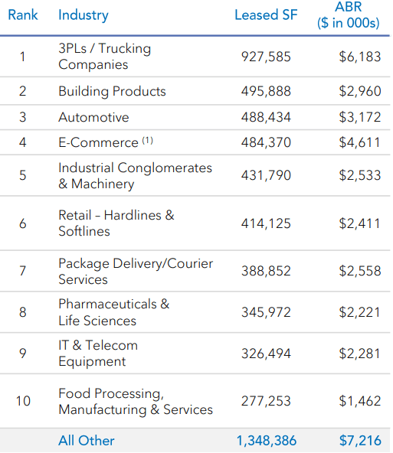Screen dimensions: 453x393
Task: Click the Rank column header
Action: tap(23, 15)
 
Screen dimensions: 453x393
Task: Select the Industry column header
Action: tap(84, 15)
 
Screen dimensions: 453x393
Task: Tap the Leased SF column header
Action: tap(266, 15)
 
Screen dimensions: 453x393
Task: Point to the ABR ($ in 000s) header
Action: tap(349, 15)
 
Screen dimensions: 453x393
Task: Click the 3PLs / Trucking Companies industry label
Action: tap(104, 57)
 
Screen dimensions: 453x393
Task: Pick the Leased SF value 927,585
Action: tap(266, 57)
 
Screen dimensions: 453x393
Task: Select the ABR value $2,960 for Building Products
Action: tap(359, 91)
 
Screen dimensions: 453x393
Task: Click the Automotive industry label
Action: tap(93, 118)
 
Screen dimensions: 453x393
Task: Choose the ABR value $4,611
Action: tap(359, 143)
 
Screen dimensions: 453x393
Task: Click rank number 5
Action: tap(23, 175)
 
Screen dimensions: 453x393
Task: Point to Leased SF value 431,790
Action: tap(266, 175)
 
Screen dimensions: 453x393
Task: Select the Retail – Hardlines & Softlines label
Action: tap(116, 223)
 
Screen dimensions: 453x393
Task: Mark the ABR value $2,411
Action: tap(359, 223)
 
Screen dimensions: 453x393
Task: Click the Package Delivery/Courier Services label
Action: tap(136, 272)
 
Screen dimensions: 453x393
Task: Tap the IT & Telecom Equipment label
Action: tap(98, 353)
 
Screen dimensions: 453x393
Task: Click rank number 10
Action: tap(23, 400)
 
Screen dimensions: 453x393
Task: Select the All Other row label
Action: tap(87, 441)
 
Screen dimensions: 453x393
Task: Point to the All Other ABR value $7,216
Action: tap(359, 441)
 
